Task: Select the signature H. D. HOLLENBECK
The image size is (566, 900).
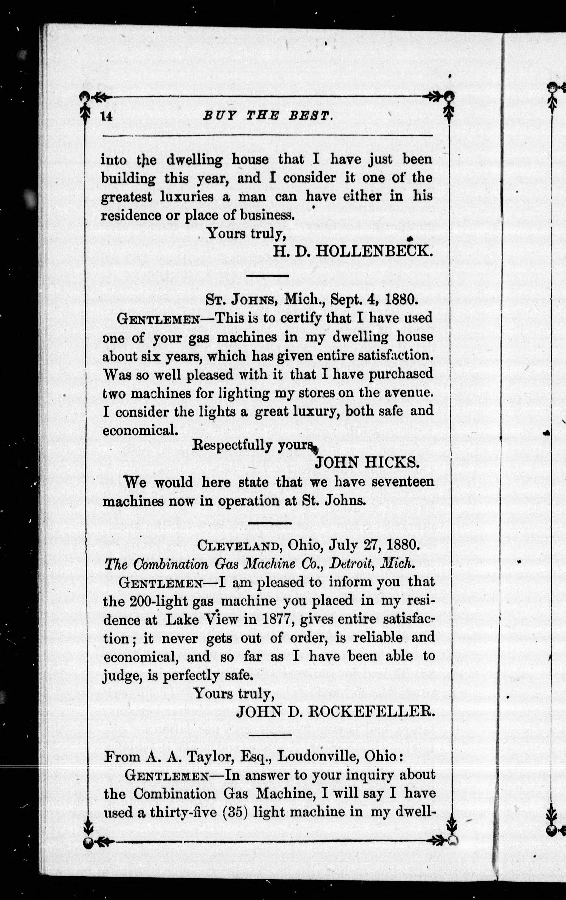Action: (x=353, y=252)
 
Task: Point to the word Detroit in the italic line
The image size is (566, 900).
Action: (x=351, y=564)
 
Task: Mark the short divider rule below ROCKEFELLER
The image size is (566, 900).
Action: (x=268, y=735)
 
